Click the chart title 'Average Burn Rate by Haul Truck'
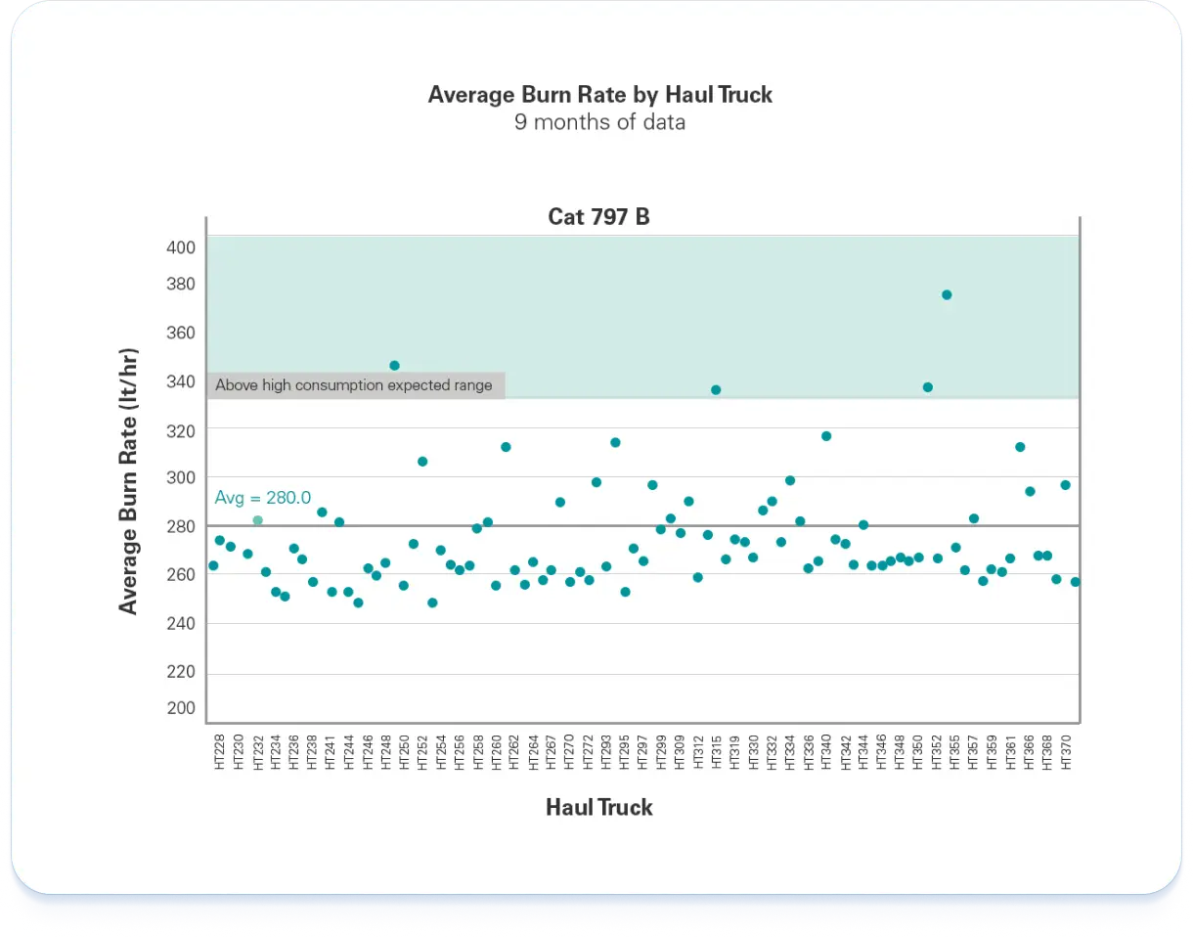[599, 95]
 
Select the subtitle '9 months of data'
[599, 122]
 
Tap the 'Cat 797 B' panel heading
[598, 216]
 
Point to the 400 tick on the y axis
[181, 247]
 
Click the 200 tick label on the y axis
[181, 708]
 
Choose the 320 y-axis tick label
[181, 430]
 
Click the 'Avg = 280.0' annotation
[263, 498]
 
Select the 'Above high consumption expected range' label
[354, 385]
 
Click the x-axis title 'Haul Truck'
[599, 808]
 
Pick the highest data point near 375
[947, 294]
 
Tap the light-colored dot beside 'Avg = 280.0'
[258, 520]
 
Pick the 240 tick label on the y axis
[181, 623]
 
